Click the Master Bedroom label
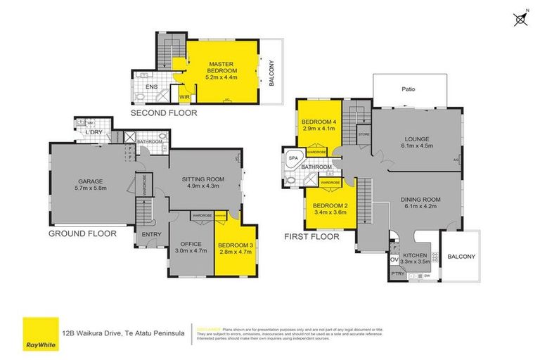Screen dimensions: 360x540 pos(221,68)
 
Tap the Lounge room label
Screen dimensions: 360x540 pos(417,143)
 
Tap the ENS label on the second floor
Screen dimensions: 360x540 pos(150,87)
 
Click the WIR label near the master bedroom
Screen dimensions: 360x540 pos(184,96)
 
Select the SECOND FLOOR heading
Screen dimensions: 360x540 pos(165,112)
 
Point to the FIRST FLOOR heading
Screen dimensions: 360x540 pos(311,237)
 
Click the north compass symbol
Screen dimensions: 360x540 pos(520,19)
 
